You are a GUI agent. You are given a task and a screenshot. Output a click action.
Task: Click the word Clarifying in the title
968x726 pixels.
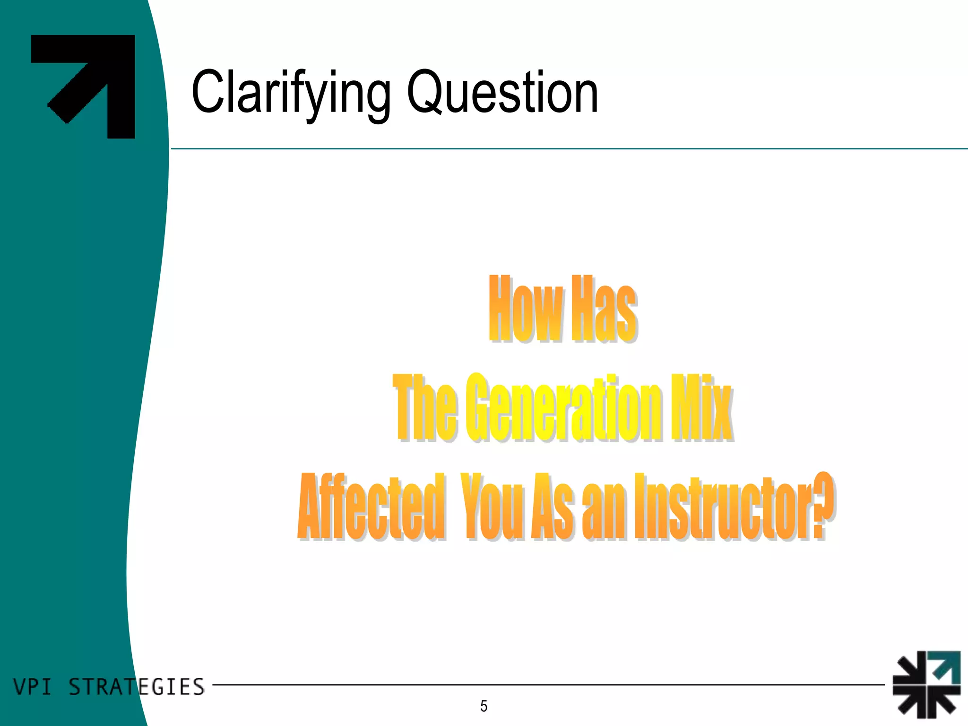[291, 93]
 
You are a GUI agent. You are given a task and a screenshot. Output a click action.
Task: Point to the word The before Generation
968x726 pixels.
[424, 407]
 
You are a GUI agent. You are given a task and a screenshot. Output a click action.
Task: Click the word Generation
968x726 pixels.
[563, 407]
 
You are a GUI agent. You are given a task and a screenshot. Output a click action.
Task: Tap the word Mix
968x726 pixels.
[701, 407]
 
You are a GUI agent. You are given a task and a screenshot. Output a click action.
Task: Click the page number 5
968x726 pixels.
[484, 706]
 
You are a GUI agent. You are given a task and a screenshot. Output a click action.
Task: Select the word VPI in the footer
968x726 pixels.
[32, 687]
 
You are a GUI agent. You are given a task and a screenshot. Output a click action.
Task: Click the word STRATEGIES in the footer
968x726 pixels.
[137, 687]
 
